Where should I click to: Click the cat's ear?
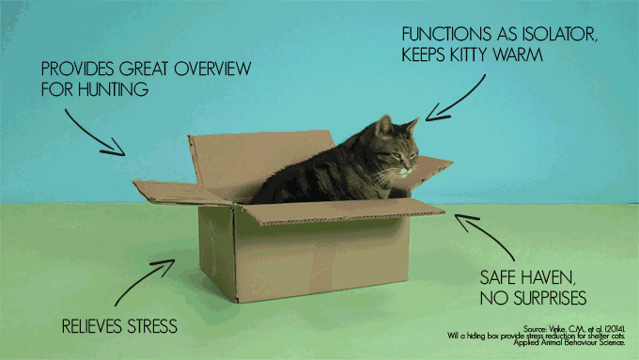(385, 125)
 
